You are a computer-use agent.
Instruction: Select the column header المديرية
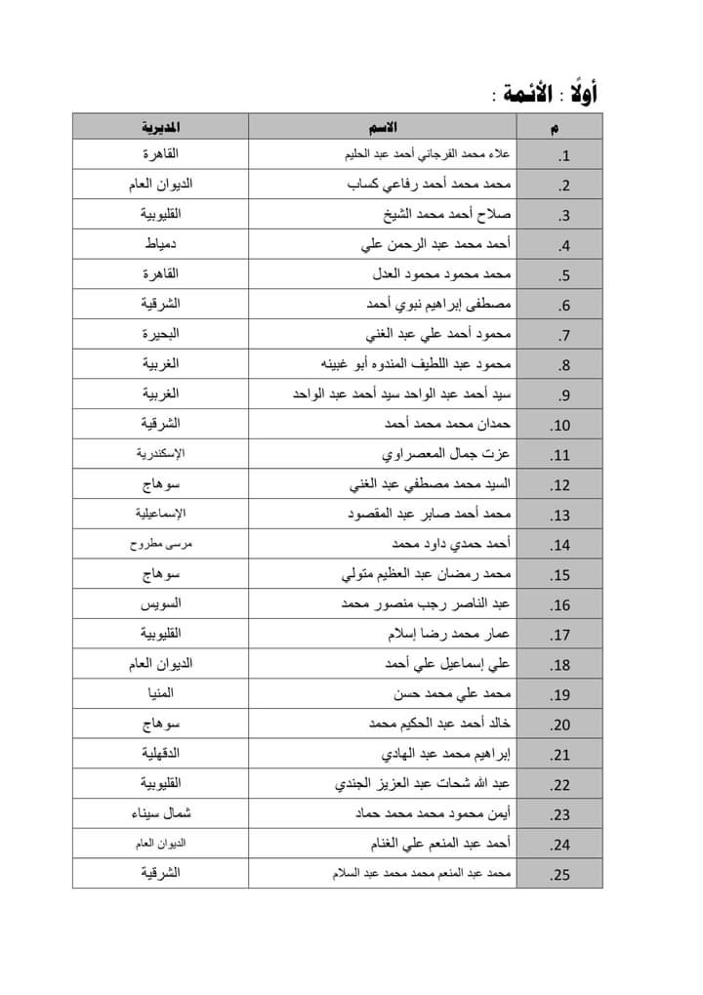click(x=160, y=127)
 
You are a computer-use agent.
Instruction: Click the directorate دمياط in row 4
click(x=160, y=245)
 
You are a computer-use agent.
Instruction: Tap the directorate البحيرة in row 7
click(x=160, y=334)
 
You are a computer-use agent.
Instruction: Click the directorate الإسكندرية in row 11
click(x=160, y=454)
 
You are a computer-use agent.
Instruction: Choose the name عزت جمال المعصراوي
click(x=446, y=454)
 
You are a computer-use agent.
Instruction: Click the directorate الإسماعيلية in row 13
click(x=160, y=514)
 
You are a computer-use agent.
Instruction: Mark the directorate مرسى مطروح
click(x=160, y=544)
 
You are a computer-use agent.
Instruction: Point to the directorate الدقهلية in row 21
click(x=160, y=754)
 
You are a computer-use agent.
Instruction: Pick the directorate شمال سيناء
click(x=160, y=813)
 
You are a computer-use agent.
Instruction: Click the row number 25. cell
click(x=559, y=874)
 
